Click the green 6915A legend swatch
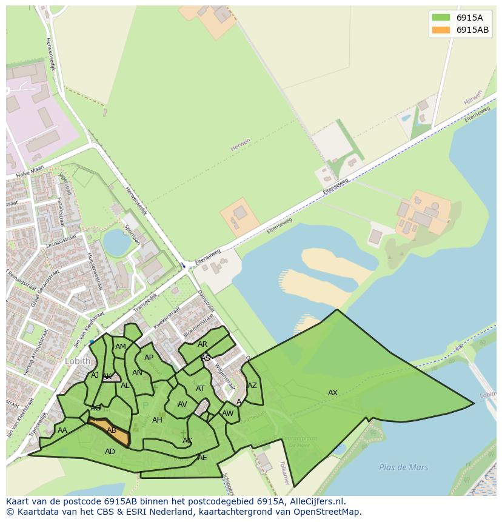[x=441, y=17]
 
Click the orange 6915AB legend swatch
[x=441, y=30]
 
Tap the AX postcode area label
[x=333, y=393]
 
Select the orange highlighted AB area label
[x=112, y=430]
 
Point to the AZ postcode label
[x=252, y=386]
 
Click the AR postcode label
[x=202, y=344]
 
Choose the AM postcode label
[x=121, y=347]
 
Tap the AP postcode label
[x=149, y=358]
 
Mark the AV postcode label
[x=182, y=404]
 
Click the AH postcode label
[x=157, y=420]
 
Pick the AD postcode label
[x=110, y=452]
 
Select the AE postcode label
[x=202, y=458]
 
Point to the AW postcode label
[x=228, y=413]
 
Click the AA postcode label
[x=62, y=430]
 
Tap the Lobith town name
[x=77, y=361]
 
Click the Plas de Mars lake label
[x=403, y=467]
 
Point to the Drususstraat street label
[x=62, y=239]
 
